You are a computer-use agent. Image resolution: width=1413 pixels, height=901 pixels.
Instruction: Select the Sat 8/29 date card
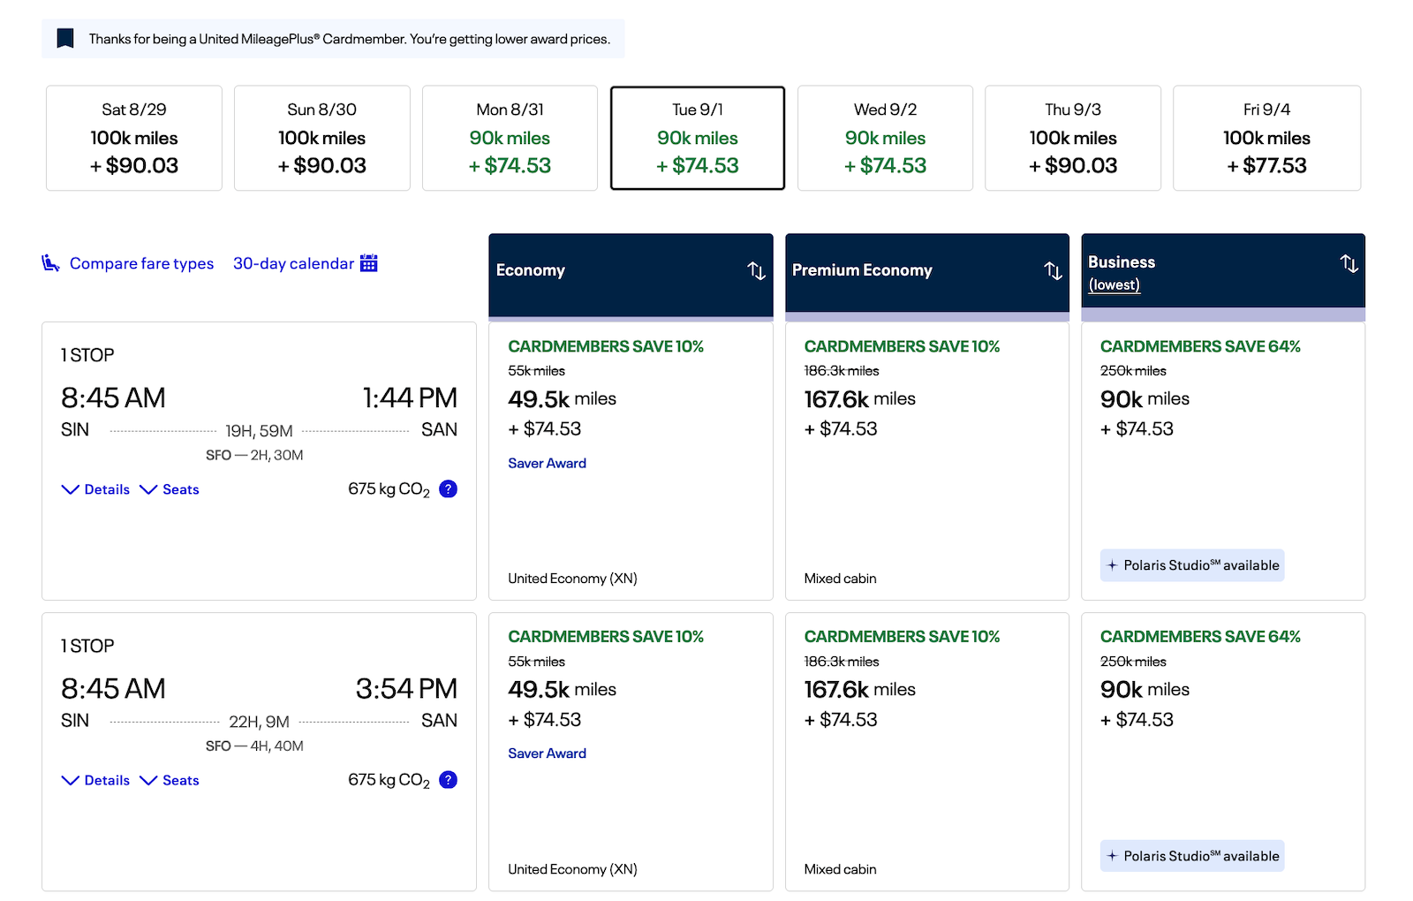pyautogui.click(x=133, y=138)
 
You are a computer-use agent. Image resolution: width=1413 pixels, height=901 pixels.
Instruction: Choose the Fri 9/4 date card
pyautogui.click(x=1266, y=138)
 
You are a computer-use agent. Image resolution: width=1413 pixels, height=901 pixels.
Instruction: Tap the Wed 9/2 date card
pyautogui.click(x=885, y=138)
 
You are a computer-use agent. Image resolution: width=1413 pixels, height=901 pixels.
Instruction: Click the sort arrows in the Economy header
pyautogui.click(x=756, y=270)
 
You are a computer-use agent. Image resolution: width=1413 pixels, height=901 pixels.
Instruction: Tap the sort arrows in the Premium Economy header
pyautogui.click(x=1053, y=270)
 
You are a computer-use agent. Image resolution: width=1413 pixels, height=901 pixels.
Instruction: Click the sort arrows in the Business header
pyautogui.click(x=1349, y=264)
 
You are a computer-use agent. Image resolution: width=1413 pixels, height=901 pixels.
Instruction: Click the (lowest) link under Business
pyautogui.click(x=1114, y=284)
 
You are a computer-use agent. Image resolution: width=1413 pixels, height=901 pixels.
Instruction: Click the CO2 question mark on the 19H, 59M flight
pyautogui.click(x=448, y=489)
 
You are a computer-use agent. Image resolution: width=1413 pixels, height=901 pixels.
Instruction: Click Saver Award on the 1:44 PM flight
pyautogui.click(x=547, y=463)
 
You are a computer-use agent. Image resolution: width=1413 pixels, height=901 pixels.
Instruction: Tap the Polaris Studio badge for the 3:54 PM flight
pyautogui.click(x=1192, y=856)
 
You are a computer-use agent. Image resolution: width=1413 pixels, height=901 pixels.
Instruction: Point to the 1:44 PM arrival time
pyautogui.click(x=410, y=398)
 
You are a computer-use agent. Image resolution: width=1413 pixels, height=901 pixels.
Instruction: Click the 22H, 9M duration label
pyautogui.click(x=259, y=721)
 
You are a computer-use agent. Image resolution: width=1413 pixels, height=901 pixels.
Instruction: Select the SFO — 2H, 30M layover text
pyautogui.click(x=254, y=455)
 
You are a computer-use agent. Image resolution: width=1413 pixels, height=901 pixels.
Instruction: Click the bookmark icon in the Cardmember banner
pyautogui.click(x=65, y=39)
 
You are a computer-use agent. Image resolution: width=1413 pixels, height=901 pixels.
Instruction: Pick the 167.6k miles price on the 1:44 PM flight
pyautogui.click(x=860, y=398)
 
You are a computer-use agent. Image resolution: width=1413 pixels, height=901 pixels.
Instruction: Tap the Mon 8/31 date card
pyautogui.click(x=510, y=138)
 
